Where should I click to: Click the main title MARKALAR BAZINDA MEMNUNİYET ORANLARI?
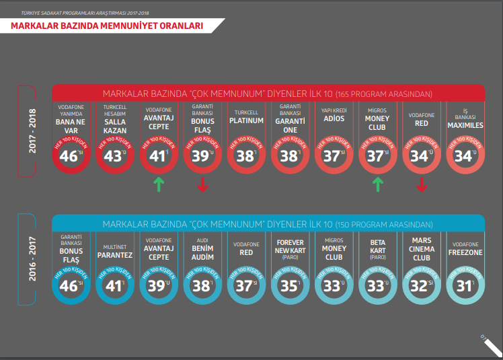point(107,26)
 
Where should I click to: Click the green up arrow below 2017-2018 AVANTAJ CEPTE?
point(159,184)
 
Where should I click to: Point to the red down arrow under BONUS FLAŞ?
point(202,184)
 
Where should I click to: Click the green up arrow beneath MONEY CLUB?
point(378,184)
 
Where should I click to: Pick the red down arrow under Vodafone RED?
point(422,184)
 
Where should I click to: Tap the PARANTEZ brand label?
point(114,255)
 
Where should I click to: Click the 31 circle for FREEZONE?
point(465,285)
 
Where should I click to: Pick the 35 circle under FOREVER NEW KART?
point(290,285)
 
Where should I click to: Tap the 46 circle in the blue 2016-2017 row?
point(71,285)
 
